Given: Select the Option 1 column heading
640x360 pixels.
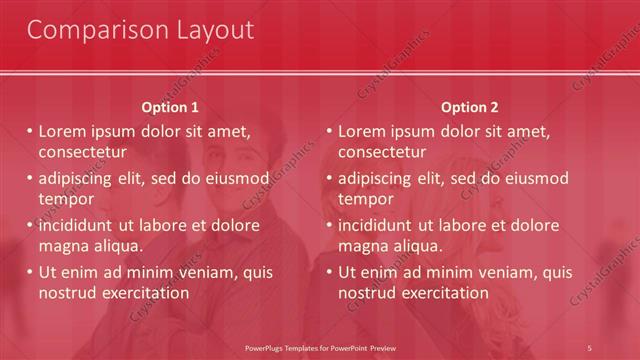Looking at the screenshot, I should click(170, 107).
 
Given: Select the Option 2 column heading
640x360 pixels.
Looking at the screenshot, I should click(469, 107).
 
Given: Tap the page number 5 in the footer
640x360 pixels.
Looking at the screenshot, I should click(590, 347).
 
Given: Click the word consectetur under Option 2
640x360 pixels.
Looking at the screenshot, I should click(382, 152).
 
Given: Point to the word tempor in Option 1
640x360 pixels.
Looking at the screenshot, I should click(66, 199).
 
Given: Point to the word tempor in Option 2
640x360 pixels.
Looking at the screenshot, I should click(366, 199).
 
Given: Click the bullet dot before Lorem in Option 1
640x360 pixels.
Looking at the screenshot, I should click(29, 132).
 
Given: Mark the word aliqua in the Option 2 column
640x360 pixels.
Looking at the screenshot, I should click(419, 246).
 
